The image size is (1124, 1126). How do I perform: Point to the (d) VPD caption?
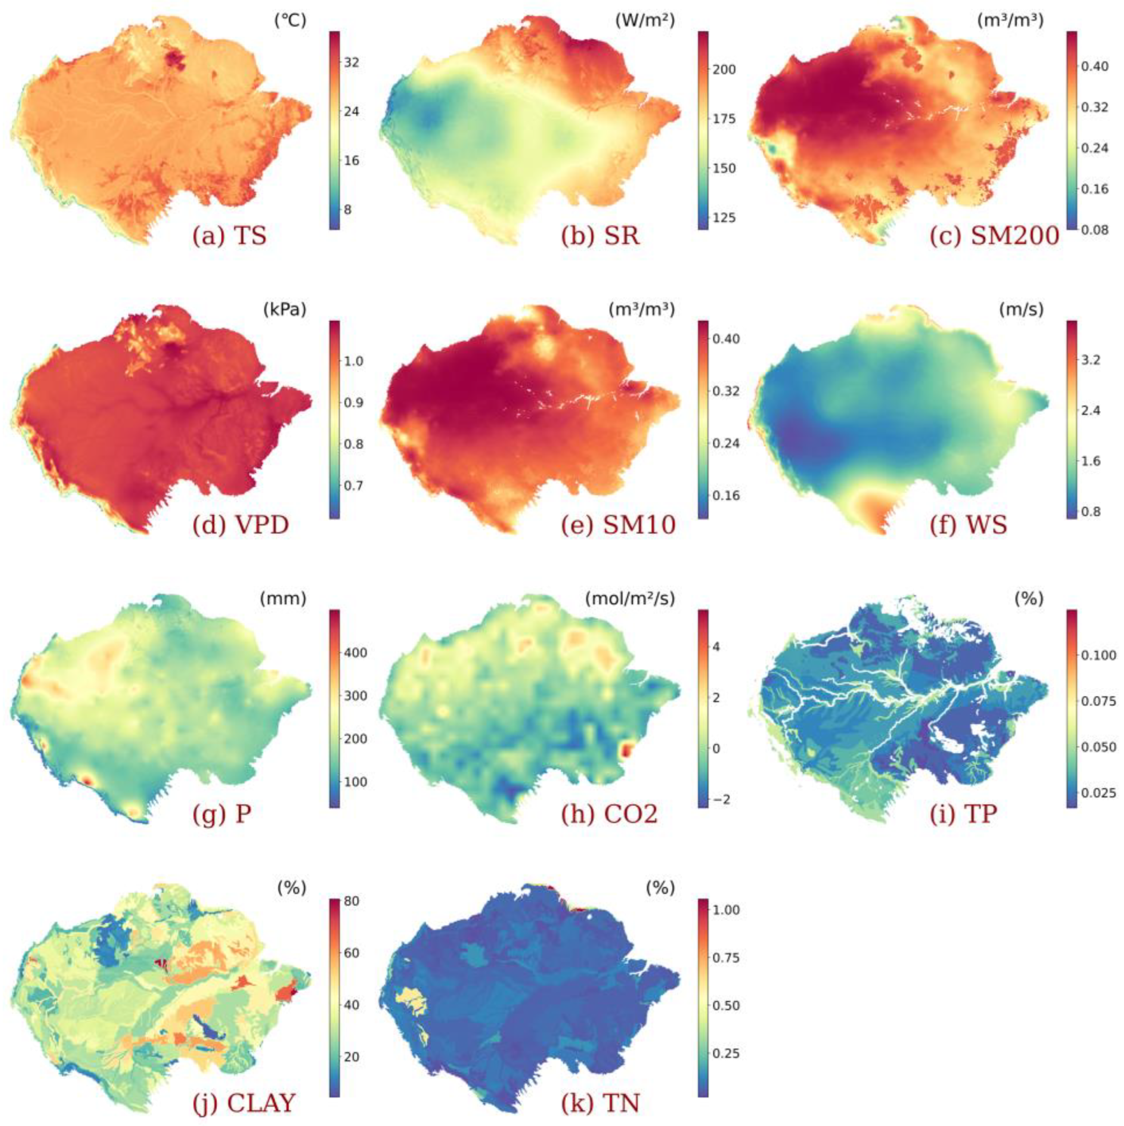[241, 526]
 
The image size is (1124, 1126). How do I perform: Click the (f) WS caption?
[969, 526]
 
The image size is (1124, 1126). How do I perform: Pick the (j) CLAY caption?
[244, 1103]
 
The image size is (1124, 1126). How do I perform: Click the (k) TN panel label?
[600, 1103]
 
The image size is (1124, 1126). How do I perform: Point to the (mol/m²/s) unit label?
[631, 599]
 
